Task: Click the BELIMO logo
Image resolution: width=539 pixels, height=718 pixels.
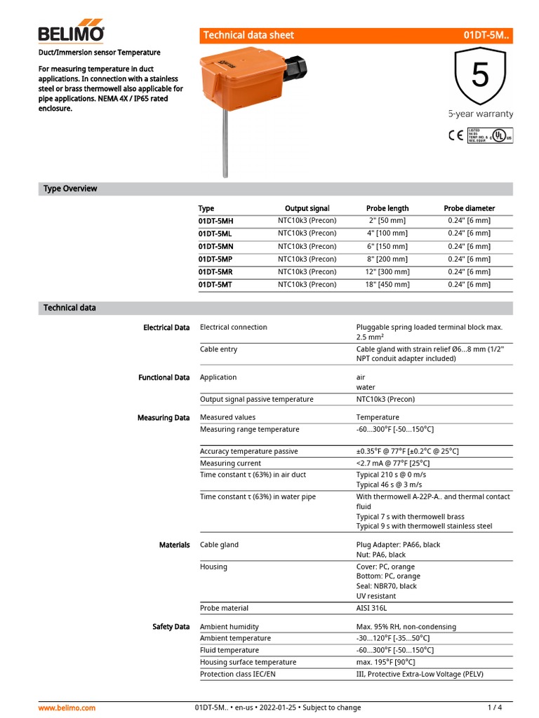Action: [x=71, y=33]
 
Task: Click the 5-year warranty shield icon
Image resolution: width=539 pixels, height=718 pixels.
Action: [x=480, y=77]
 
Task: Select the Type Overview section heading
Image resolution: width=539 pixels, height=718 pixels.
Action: [x=70, y=189]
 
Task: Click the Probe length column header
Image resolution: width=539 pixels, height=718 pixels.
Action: [x=387, y=208]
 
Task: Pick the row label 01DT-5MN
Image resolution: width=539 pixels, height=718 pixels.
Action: [x=215, y=246]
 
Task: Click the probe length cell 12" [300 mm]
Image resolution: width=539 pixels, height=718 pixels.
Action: [x=387, y=271]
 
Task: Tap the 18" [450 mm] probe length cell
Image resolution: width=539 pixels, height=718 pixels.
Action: [x=387, y=284]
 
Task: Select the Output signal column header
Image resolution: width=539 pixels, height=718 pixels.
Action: [x=307, y=208]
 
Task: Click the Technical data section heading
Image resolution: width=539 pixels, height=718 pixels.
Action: [x=69, y=308]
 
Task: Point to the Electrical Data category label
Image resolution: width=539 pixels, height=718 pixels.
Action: [x=166, y=327]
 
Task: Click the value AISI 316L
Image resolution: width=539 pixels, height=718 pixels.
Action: [x=372, y=608]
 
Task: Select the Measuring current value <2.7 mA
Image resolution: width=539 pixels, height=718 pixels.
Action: [x=393, y=463]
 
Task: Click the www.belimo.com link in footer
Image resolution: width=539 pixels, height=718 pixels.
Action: [x=67, y=707]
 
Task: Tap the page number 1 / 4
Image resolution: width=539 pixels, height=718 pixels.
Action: [x=495, y=707]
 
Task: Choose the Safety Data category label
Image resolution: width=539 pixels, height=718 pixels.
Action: [x=171, y=626]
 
